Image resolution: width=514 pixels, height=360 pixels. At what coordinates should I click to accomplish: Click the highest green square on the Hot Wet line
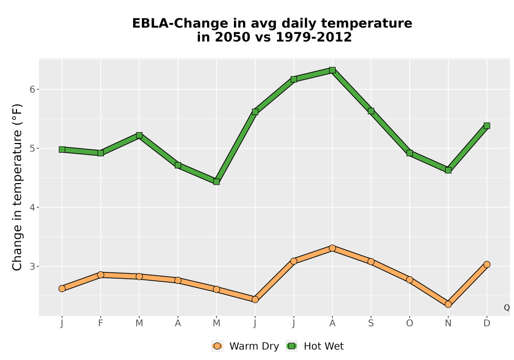(332, 70)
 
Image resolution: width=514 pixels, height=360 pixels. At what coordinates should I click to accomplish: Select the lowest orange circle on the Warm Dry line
(448, 304)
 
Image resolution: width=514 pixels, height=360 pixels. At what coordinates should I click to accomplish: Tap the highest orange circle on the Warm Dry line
(332, 248)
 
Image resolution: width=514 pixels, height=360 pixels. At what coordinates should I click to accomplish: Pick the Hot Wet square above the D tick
(487, 125)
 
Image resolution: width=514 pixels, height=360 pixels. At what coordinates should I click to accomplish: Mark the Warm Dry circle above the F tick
(101, 275)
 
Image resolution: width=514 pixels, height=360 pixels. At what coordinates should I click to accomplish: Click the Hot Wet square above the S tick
(371, 111)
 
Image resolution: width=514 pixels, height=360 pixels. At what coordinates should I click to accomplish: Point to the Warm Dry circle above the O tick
(410, 280)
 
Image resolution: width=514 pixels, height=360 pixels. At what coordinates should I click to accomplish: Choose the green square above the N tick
(448, 170)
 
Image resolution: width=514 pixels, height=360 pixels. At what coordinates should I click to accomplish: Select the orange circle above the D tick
(487, 264)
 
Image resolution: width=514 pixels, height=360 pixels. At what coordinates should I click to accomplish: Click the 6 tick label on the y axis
(32, 89)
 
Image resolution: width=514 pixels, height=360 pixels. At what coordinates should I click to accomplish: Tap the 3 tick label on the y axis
(32, 266)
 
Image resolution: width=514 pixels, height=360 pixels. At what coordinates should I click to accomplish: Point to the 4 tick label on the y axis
(32, 207)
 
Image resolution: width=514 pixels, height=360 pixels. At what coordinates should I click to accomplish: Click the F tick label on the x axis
(101, 323)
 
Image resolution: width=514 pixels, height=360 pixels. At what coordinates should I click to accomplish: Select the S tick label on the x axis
(371, 323)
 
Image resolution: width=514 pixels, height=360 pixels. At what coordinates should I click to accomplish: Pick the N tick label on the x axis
(448, 323)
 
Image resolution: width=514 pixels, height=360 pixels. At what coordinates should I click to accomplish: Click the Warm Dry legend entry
(245, 346)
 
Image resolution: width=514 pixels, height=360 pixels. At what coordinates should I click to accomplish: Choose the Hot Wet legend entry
(315, 346)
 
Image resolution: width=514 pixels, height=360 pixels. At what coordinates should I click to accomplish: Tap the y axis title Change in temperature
(17, 187)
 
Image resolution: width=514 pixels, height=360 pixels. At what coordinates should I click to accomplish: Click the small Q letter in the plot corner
(507, 308)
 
